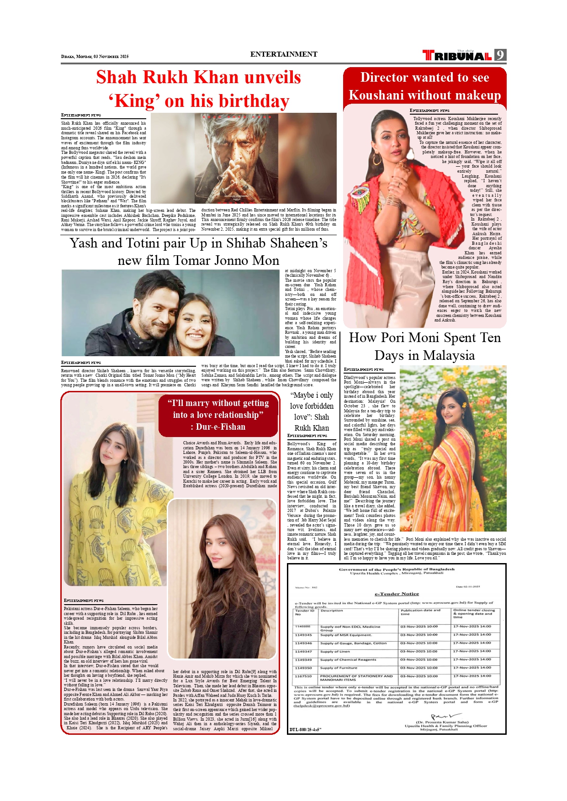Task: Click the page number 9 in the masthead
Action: point(500,55)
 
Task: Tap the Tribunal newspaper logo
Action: point(457,56)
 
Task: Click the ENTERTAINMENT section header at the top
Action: point(283,54)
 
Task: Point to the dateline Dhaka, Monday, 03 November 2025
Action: point(95,57)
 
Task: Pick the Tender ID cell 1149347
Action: point(303,652)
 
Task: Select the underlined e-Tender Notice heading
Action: point(397,594)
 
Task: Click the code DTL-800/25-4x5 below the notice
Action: point(306,729)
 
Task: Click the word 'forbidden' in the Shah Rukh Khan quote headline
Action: point(312,406)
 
